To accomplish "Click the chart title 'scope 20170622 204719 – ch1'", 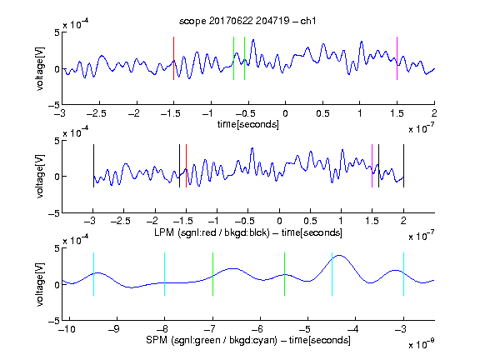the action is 247,21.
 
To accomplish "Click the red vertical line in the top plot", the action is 173,58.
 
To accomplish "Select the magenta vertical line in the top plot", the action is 397,58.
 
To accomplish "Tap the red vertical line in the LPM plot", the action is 186,166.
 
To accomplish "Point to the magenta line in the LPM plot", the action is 372,166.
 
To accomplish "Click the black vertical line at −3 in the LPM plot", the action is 93,166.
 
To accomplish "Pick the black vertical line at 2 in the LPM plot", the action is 403,166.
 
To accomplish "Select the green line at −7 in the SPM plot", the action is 212,274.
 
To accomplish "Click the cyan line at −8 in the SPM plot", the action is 165,274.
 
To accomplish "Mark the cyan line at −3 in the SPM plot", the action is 403,274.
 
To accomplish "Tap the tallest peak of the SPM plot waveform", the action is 340,255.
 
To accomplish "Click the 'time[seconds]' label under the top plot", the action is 248,124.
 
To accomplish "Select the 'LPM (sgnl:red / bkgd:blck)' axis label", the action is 212,232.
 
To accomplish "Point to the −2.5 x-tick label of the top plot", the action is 97,113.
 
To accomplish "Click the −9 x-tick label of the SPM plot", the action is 114,329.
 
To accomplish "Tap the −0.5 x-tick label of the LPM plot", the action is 245,221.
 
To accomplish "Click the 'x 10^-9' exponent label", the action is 422,344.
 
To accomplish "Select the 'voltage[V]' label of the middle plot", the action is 40,177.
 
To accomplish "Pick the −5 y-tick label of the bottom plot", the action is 54,321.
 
